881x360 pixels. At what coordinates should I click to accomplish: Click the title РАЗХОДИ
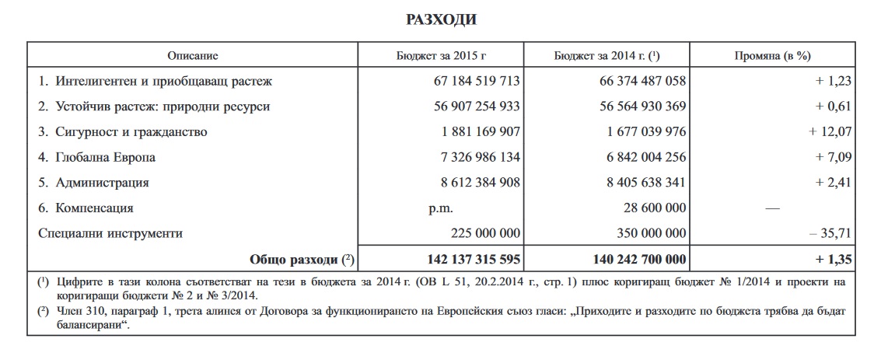(x=440, y=19)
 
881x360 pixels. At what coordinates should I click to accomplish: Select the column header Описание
(x=193, y=56)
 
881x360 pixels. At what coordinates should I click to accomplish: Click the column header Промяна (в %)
(x=773, y=56)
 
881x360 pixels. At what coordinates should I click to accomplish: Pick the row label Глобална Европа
(x=105, y=158)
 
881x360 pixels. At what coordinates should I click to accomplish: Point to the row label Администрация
(x=102, y=183)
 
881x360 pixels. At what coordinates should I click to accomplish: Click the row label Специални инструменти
(x=110, y=232)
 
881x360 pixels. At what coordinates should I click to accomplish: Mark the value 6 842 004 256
(x=638, y=158)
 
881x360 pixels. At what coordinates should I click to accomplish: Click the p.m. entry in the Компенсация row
(x=439, y=208)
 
